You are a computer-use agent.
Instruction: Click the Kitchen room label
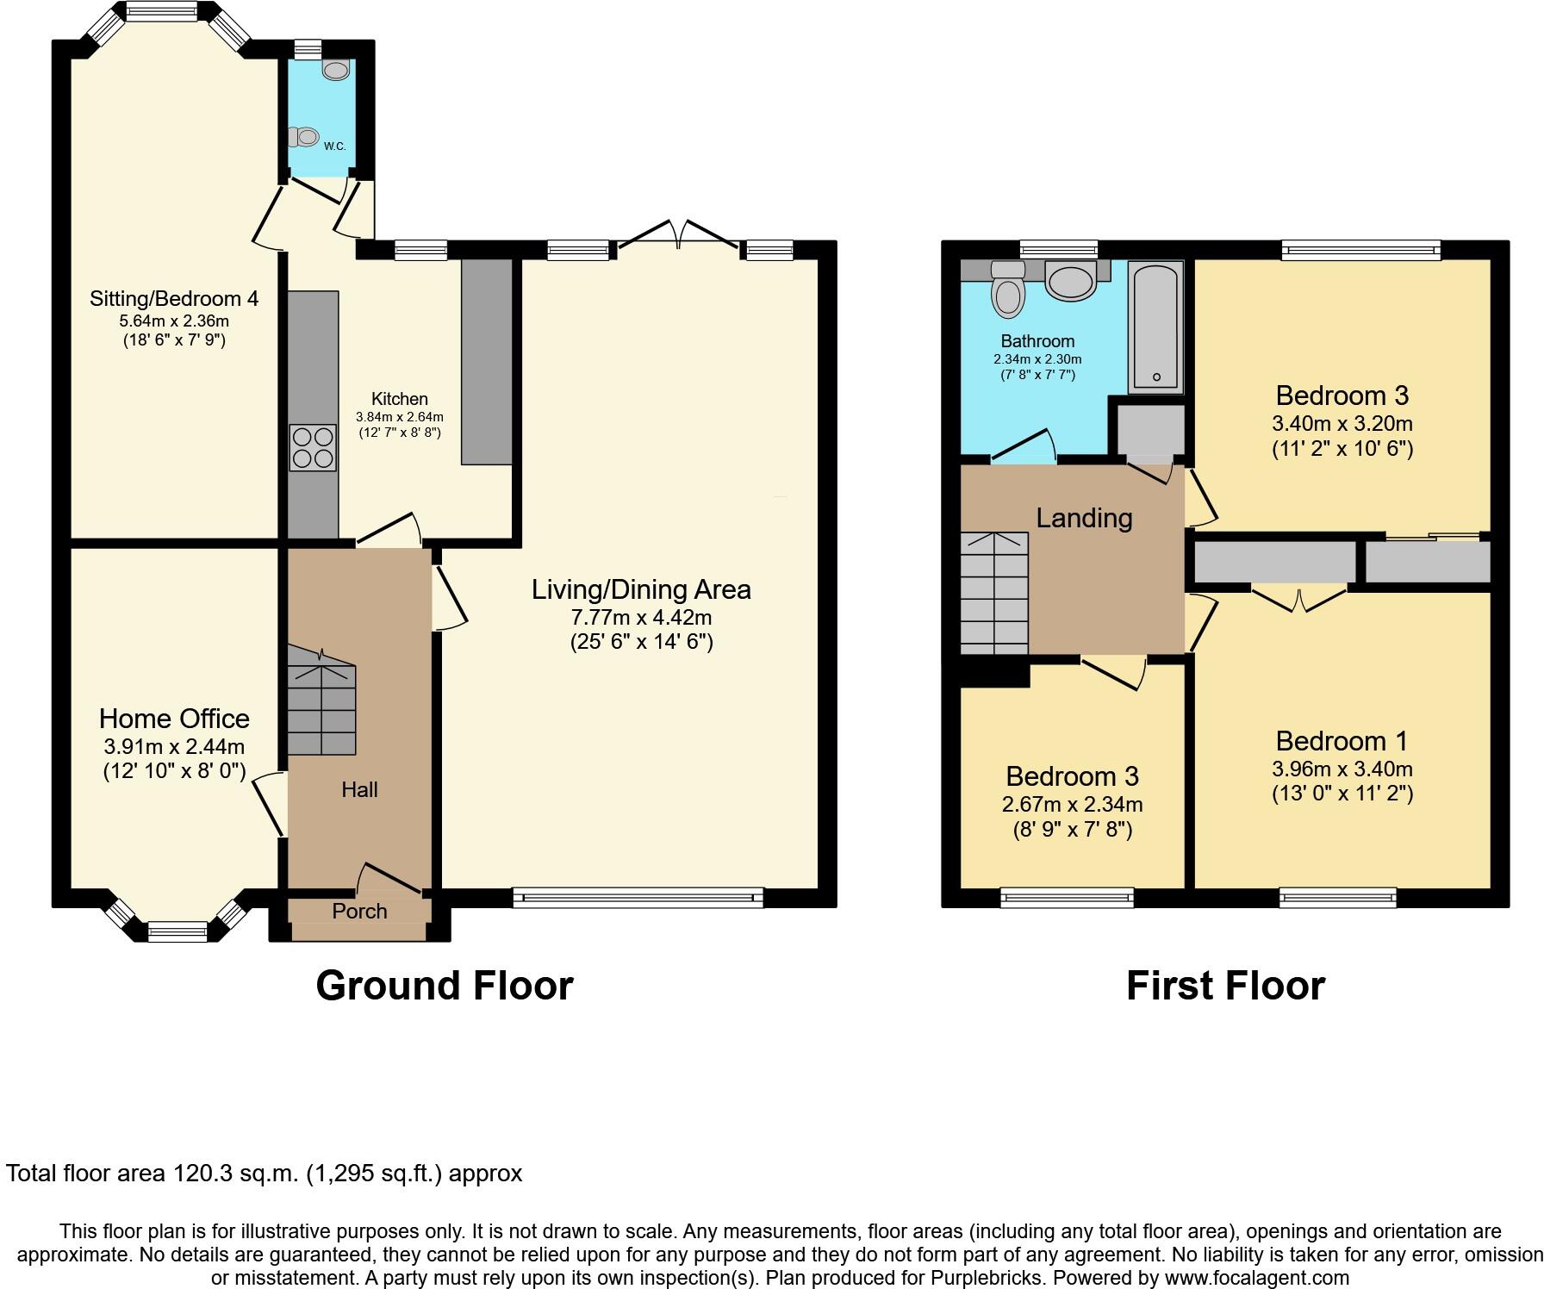coord(399,399)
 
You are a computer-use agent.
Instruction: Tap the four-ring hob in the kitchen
coord(313,448)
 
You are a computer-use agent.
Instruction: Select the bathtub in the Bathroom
coord(1155,327)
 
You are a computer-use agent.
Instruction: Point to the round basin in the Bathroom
coord(1069,281)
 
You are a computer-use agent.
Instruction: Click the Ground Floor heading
coord(444,986)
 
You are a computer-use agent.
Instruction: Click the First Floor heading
coord(1224,986)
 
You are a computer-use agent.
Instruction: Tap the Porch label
coord(359,911)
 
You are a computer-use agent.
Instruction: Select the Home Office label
coord(174,719)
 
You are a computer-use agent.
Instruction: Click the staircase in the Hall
coord(321,702)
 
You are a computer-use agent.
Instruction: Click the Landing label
coord(1083,518)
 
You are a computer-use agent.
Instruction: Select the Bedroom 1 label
coord(1342,741)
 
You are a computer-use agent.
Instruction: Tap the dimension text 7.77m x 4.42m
coord(641,617)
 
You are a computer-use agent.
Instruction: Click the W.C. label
coord(334,146)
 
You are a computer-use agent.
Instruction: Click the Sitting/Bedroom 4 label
coord(174,299)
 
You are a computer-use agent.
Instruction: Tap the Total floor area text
coord(264,1174)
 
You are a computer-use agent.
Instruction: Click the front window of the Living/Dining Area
coord(638,898)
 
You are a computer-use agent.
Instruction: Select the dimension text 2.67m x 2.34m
coord(1072,805)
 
